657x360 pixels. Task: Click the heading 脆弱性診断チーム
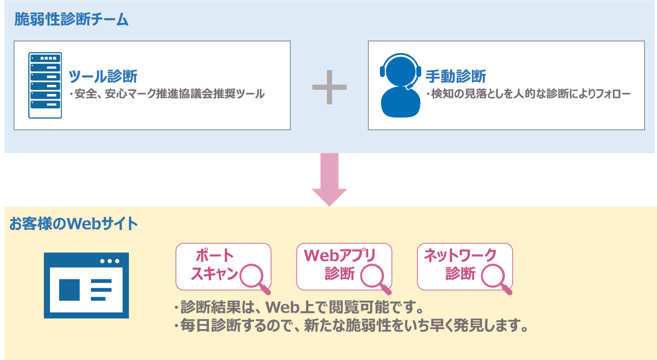71,19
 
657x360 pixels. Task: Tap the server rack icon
45,85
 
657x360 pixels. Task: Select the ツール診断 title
103,76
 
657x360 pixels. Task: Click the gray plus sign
329,87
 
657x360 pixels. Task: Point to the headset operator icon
400,85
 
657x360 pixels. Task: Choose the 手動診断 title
456,76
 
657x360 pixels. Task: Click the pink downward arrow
329,180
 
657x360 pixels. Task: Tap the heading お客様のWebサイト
73,223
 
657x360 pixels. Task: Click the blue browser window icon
86,285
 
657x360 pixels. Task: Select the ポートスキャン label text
214,265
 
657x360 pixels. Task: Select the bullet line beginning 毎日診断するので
351,325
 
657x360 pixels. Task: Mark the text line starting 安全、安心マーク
167,94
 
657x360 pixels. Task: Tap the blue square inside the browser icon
69,290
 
